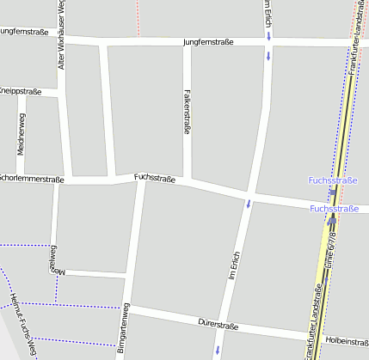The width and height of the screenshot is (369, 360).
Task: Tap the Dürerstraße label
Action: (218, 325)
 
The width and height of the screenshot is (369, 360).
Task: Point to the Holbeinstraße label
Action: (346, 341)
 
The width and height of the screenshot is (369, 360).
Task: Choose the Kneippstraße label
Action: (21, 90)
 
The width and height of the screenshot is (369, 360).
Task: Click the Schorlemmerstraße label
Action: (31, 179)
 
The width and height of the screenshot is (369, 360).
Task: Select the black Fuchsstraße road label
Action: (155, 178)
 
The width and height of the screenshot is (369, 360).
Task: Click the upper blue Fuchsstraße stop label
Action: (332, 180)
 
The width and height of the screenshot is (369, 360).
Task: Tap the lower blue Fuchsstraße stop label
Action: (334, 208)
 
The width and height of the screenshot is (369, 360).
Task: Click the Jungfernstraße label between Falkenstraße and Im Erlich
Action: (208, 41)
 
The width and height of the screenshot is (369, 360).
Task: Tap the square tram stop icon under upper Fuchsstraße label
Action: (333, 192)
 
